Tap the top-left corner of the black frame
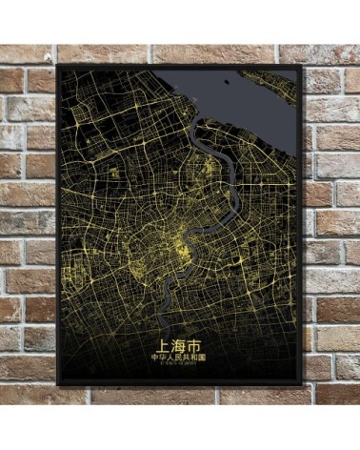coord(57,65)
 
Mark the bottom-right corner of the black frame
coord(302,385)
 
